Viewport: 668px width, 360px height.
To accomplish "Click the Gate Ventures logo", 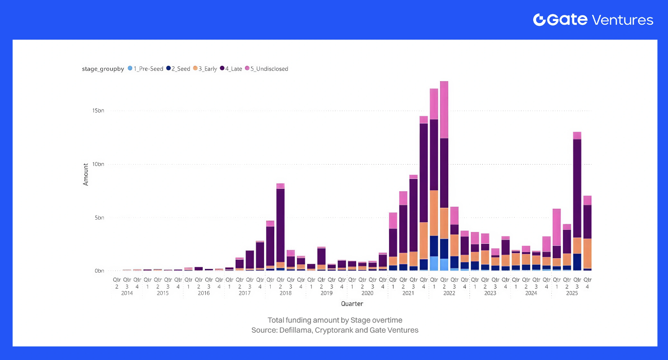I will pos(593,20).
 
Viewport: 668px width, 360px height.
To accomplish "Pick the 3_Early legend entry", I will pos(206,68).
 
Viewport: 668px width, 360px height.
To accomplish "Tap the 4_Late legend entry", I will pos(231,68).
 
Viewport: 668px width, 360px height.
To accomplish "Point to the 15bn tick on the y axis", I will pos(98,111).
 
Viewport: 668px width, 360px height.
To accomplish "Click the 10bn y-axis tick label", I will pos(98,164).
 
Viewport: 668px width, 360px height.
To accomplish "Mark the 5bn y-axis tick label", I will pos(99,218).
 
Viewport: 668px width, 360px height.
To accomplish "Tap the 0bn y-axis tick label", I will pos(99,271).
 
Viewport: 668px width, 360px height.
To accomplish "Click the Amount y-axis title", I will pos(86,174).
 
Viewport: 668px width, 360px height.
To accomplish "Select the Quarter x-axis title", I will pos(351,304).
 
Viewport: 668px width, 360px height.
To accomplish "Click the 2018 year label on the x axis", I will pos(285,293).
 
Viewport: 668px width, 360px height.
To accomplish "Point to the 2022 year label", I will pos(449,293).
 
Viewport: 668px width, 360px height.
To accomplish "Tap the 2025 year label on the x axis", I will pos(572,293).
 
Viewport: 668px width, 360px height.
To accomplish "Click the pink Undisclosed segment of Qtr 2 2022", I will pos(444,110).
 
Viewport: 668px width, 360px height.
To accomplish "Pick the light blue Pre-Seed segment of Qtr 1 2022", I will pos(434,263).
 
